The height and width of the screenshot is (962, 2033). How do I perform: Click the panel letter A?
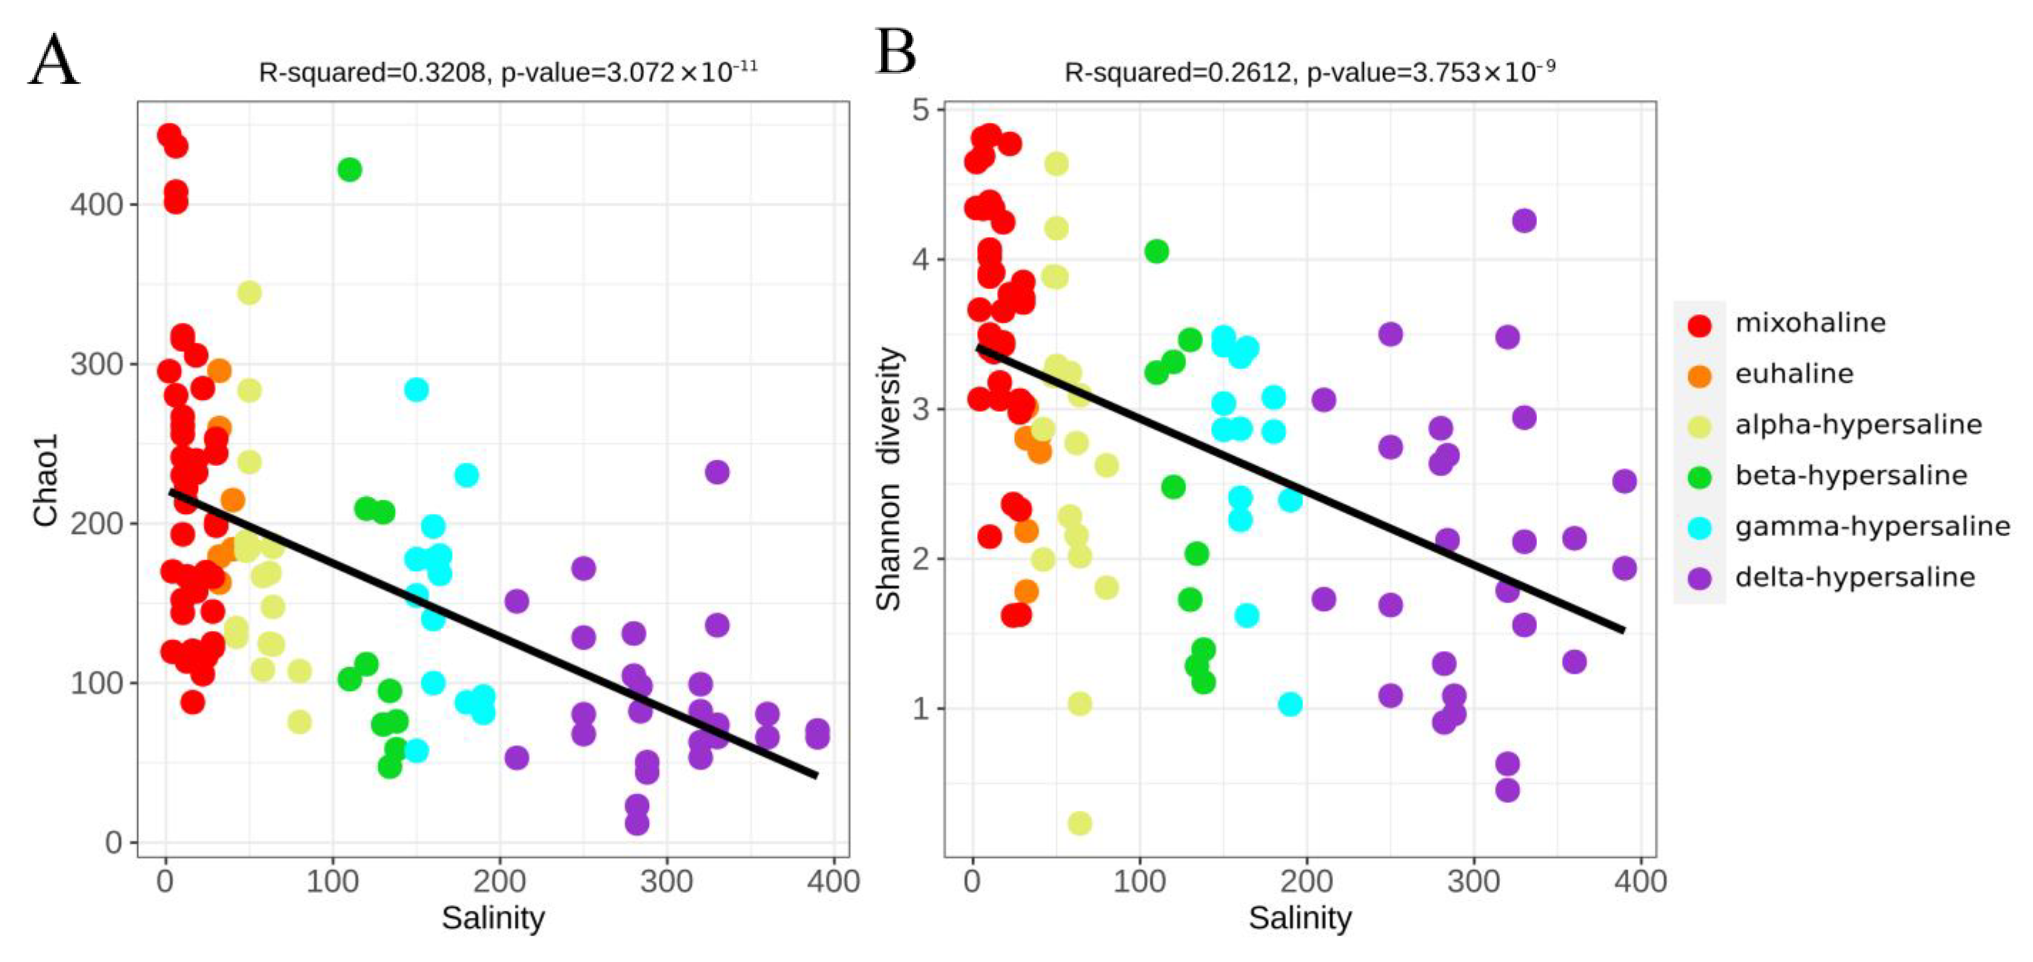[x=54, y=61]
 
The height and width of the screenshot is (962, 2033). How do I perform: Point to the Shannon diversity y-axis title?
[x=889, y=479]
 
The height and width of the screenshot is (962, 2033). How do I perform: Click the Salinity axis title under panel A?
[x=492, y=918]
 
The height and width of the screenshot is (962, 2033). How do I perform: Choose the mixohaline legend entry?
[x=1810, y=323]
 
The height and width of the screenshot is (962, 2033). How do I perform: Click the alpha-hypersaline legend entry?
[x=1858, y=424]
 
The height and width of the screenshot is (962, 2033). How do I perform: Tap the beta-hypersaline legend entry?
[x=1850, y=475]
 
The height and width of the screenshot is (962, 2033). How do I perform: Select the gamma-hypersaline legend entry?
[x=1872, y=526]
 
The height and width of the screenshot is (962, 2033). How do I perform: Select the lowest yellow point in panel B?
[x=1079, y=823]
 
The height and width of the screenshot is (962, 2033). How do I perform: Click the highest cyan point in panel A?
[x=416, y=390]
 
